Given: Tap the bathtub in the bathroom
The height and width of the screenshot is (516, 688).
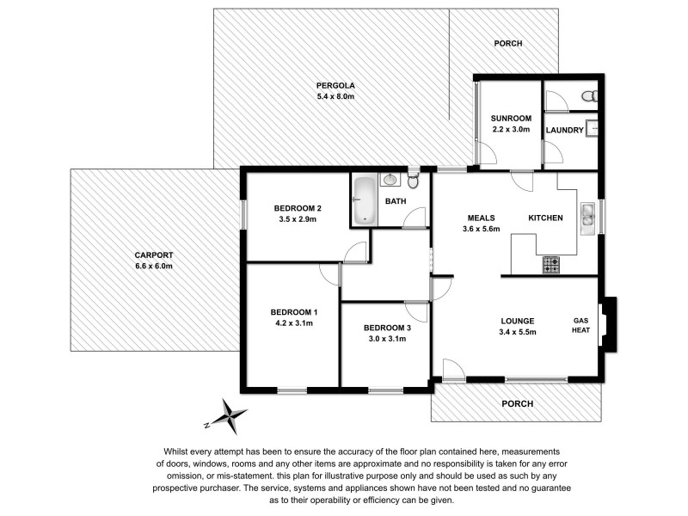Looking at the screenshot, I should (365, 200).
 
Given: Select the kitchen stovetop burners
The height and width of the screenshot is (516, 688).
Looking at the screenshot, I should (550, 266).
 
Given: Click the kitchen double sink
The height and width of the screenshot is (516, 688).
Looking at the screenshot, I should (589, 218).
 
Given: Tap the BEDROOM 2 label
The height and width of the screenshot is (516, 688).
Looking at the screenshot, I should (298, 208).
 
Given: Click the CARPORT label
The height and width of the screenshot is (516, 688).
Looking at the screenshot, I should (154, 255).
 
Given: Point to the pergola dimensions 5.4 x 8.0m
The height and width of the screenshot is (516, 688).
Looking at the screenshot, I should (335, 96).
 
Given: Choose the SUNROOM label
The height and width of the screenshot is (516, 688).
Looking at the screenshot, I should (511, 118).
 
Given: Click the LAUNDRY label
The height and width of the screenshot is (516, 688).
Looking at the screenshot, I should (565, 131).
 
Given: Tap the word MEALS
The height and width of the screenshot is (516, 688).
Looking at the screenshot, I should (481, 218).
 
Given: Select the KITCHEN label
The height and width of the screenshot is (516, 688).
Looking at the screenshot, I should (545, 218).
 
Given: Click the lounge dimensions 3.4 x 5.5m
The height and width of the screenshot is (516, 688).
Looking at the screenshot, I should (519, 332).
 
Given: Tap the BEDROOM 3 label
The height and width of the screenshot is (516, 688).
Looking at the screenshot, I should (387, 328).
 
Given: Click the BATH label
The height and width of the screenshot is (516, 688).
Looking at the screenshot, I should (395, 201).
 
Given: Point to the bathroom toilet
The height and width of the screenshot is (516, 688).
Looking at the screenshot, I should (414, 181).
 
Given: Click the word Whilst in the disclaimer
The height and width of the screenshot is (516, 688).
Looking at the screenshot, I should (177, 451).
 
